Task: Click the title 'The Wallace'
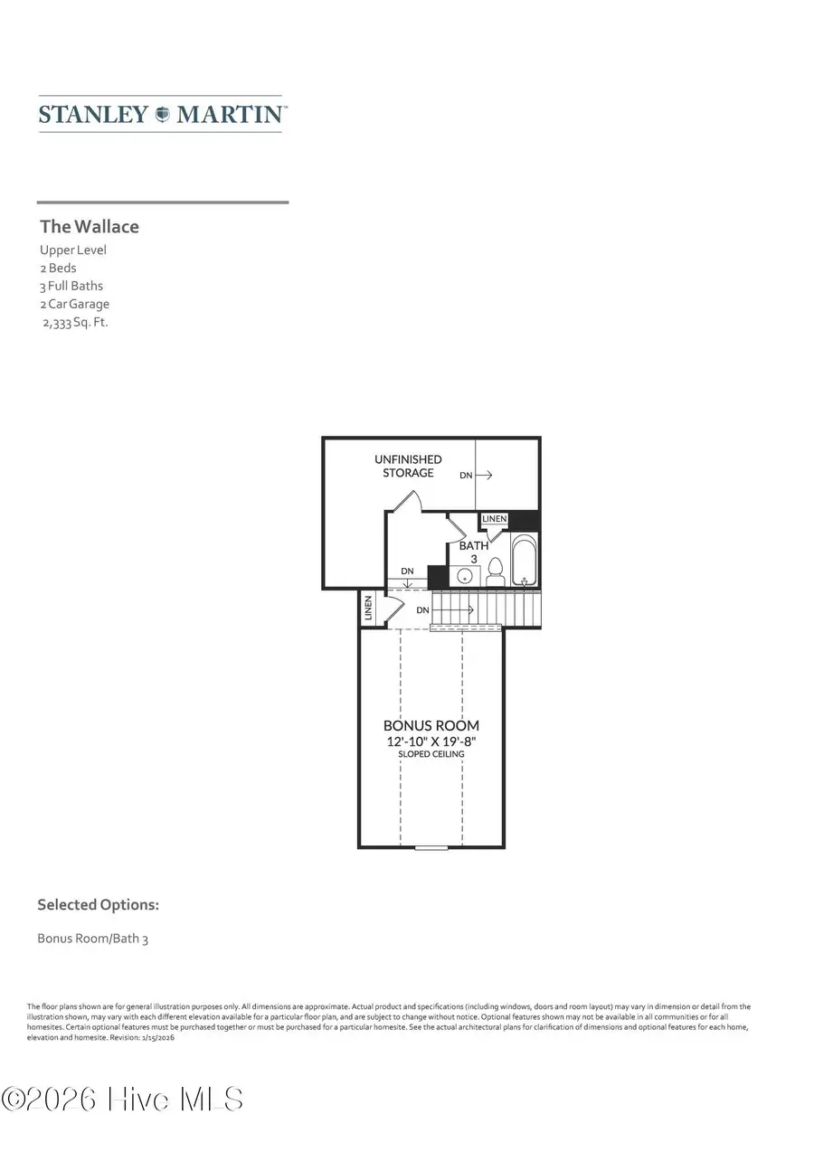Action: [x=90, y=226]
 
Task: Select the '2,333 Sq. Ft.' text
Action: [x=75, y=322]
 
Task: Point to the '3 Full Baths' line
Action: [x=71, y=286]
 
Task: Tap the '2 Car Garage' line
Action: [x=74, y=304]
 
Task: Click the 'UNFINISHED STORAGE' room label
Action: [x=408, y=466]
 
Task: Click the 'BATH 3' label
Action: [x=473, y=552]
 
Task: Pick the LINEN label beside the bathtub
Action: [x=495, y=519]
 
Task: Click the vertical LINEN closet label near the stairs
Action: [x=368, y=608]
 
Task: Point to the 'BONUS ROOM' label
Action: [x=431, y=725]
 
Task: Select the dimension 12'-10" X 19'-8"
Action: [x=431, y=741]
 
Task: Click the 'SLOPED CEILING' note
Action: [x=431, y=753]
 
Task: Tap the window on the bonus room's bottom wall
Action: [x=431, y=847]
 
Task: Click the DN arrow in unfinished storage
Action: [x=476, y=474]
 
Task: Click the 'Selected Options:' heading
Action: [x=98, y=904]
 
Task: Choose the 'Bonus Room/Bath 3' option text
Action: [x=92, y=938]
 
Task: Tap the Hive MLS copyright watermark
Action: [x=123, y=1100]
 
